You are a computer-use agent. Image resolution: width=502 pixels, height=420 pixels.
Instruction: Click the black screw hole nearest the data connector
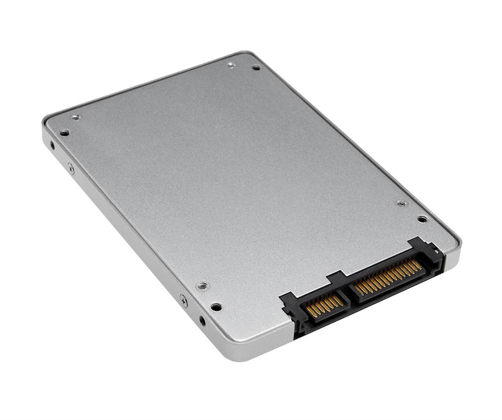[x=216, y=307]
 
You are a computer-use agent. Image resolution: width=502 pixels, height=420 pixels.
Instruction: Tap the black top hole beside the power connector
[x=422, y=219]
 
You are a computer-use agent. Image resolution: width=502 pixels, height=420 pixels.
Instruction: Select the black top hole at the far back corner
[x=256, y=67]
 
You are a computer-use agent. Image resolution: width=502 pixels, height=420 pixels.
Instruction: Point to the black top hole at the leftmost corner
[x=65, y=133]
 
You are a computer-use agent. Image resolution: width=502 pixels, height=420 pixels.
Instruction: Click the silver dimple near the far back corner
[x=231, y=65]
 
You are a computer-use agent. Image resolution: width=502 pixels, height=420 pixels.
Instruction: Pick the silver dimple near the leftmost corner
[x=75, y=117]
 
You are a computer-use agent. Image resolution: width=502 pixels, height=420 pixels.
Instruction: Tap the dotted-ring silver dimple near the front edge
[x=202, y=286]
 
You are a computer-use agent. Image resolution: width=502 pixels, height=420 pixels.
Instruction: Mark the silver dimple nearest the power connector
[x=401, y=203]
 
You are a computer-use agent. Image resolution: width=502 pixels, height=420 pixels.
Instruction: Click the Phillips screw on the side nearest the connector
[x=184, y=301]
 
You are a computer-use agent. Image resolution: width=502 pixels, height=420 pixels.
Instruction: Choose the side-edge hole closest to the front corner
[x=202, y=320]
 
